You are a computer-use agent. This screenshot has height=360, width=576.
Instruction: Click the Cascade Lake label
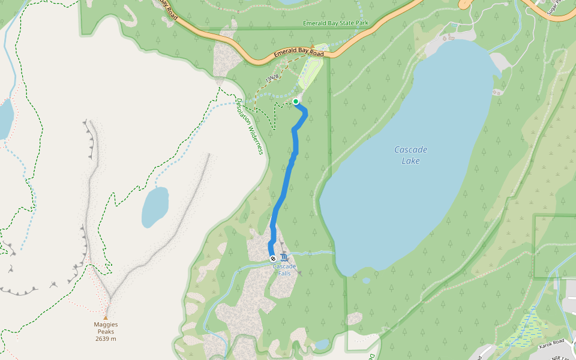coord(411,155)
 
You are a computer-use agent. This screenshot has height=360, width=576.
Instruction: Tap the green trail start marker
coord(296,101)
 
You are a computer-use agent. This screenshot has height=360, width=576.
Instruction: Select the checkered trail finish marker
coord(272,259)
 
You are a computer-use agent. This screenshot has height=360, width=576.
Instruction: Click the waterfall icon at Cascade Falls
coord(283,258)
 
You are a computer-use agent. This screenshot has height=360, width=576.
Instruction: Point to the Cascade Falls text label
coord(284,269)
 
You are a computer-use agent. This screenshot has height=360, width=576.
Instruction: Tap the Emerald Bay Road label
coord(299,54)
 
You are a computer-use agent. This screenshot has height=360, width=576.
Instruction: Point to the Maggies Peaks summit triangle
coord(106,317)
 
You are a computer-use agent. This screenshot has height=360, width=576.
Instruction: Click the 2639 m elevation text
coord(106,339)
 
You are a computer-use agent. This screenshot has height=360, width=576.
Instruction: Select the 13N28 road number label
coord(272,79)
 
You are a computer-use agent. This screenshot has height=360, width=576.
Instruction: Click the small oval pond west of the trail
coord(155,207)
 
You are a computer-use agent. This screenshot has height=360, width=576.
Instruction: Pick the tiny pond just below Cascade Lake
coord(366,280)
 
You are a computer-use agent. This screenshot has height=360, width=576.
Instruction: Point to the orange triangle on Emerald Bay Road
coord(313,46)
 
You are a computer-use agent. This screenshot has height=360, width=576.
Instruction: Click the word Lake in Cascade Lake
coord(411,161)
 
